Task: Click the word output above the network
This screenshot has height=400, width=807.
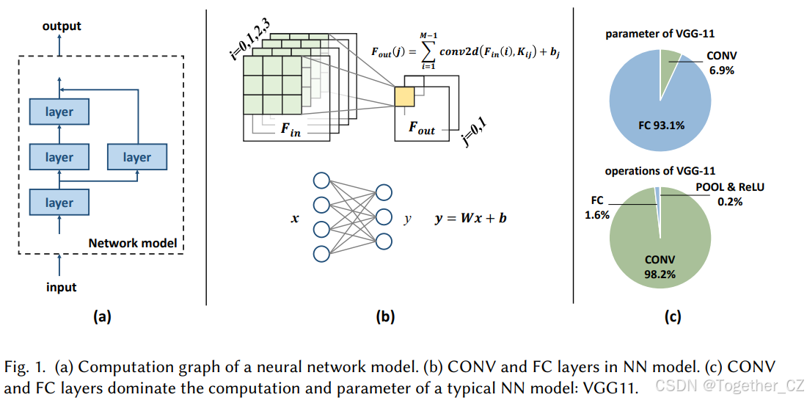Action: click(x=62, y=26)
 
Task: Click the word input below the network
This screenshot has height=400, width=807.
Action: click(x=62, y=287)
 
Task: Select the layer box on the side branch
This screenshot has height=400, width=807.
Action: click(x=136, y=157)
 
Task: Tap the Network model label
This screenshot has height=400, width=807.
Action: click(x=132, y=243)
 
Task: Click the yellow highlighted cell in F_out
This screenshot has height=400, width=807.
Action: click(x=404, y=96)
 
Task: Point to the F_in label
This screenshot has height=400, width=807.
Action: click(x=291, y=131)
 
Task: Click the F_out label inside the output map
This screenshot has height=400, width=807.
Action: click(x=421, y=129)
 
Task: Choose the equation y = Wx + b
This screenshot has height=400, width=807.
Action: click(x=469, y=218)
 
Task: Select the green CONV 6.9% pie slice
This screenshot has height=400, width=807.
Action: click(x=669, y=70)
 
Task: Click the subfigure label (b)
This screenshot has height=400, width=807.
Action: click(x=384, y=317)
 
